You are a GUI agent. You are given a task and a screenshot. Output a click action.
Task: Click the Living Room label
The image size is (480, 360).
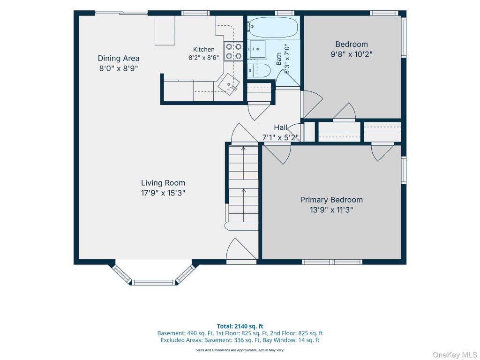(x=163, y=183)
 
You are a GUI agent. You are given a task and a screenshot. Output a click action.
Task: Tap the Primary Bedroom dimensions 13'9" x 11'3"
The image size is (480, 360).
(x=331, y=210)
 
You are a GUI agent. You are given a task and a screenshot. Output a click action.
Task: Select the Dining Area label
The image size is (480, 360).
(x=119, y=58)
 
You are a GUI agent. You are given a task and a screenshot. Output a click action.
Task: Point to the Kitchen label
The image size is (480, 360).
(x=203, y=49)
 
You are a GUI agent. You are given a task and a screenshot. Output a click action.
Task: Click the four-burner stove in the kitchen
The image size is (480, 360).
(x=233, y=52)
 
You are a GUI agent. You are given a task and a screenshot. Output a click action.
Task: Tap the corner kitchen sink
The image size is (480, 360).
(x=229, y=84)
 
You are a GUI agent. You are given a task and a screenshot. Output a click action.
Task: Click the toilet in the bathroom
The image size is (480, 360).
(x=259, y=71)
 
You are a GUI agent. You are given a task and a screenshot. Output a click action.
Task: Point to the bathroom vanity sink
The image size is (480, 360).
(x=257, y=49)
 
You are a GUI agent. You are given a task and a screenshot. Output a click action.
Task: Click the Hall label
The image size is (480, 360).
(x=280, y=127)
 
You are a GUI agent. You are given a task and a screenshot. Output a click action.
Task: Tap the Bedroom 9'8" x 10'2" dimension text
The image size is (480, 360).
(x=352, y=54)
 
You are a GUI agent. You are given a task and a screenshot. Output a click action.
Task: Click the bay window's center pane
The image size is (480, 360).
(x=154, y=282)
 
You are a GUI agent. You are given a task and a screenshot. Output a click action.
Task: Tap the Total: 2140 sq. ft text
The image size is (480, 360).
(x=240, y=326)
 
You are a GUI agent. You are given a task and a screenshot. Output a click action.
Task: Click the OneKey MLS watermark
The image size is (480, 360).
(x=455, y=355)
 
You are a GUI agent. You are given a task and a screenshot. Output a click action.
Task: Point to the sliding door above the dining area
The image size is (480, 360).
(x=121, y=13)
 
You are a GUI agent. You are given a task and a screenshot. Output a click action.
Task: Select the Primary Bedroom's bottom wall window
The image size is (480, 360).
(x=332, y=262)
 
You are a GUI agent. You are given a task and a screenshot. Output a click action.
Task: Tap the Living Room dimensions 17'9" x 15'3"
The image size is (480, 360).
(x=163, y=193)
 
